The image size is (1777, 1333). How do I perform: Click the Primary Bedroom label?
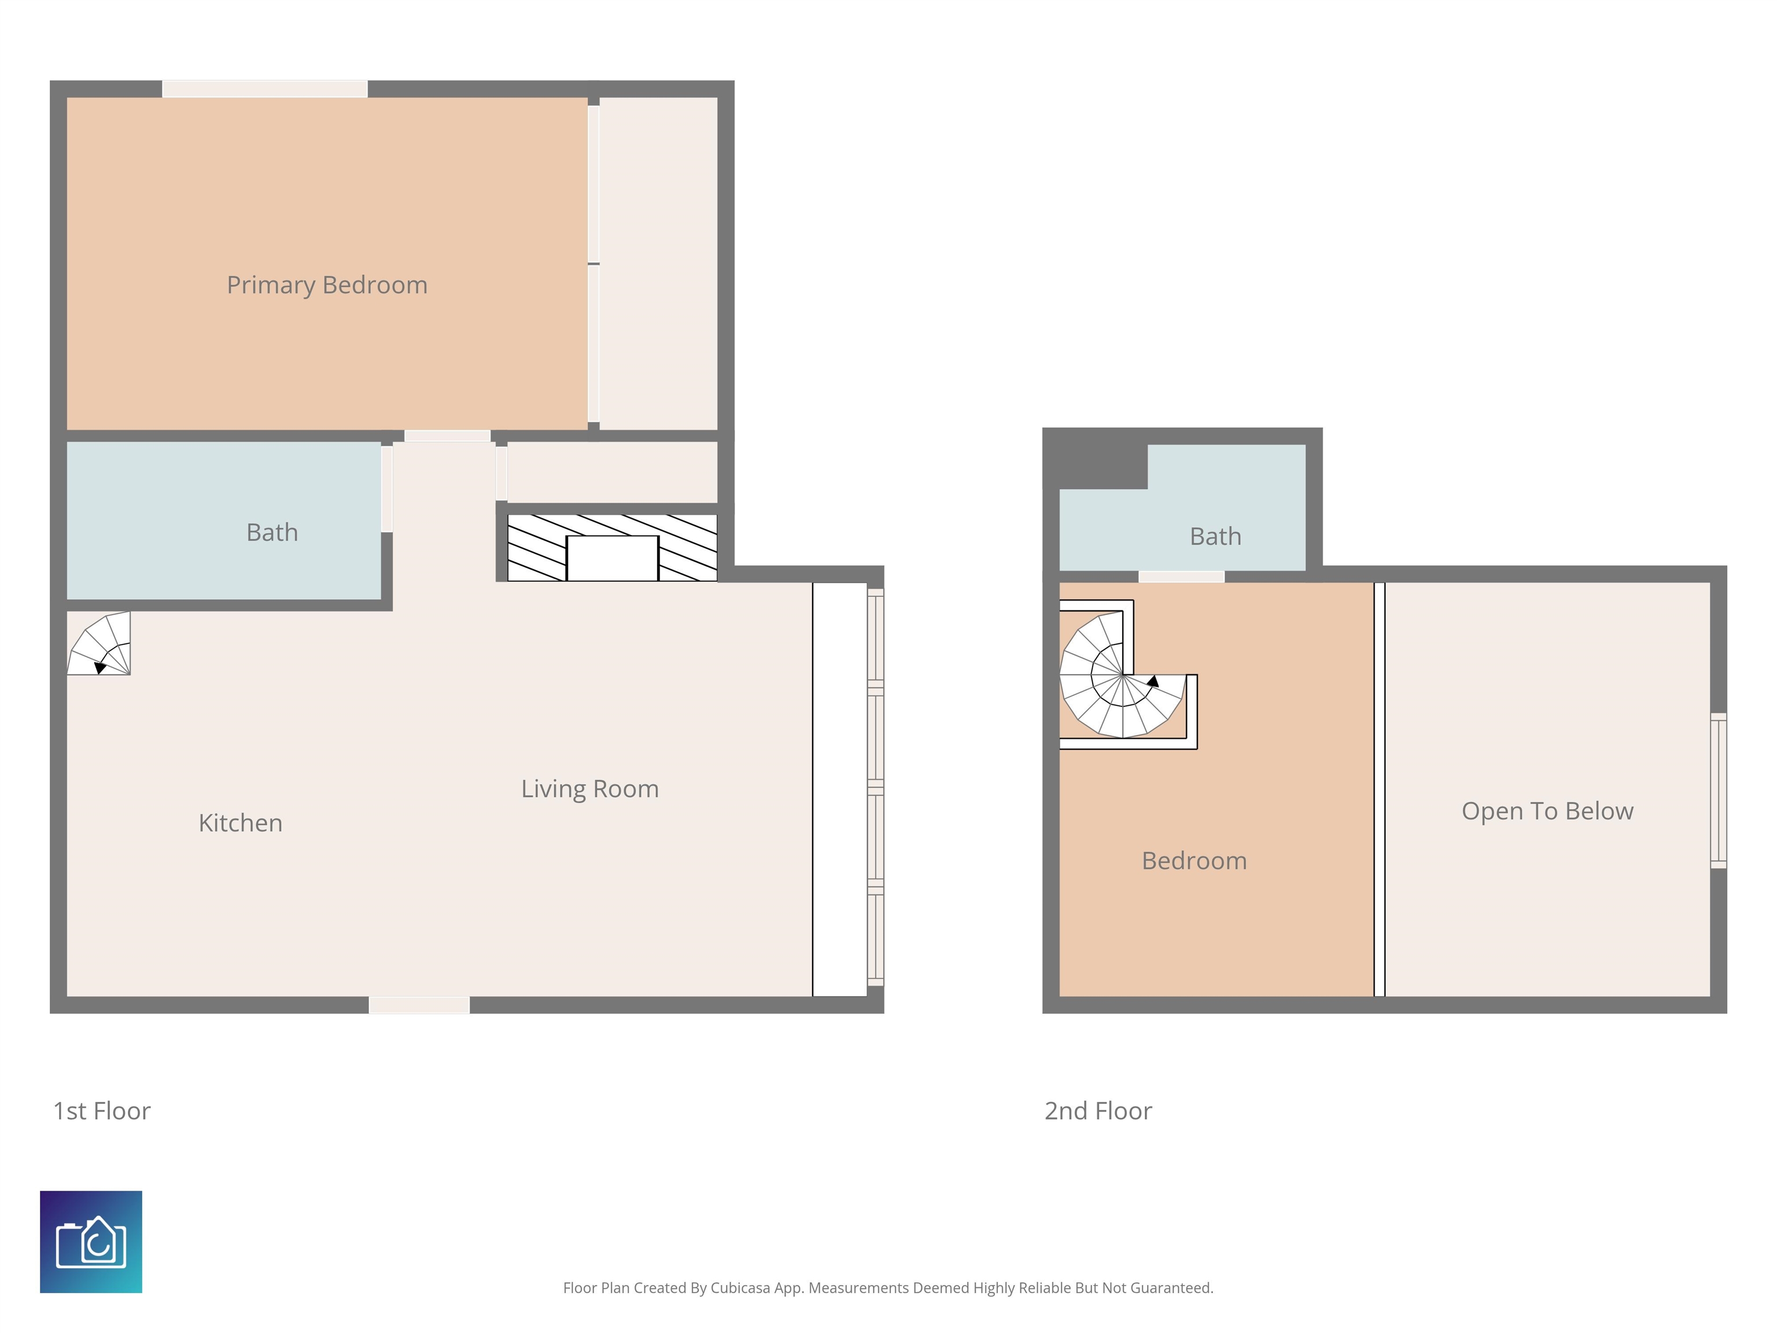[327, 285]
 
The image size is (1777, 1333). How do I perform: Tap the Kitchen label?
[240, 823]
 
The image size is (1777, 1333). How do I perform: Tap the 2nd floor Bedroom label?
[1194, 860]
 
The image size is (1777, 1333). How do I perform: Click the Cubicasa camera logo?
[91, 1242]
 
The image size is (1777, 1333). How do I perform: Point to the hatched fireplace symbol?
[612, 547]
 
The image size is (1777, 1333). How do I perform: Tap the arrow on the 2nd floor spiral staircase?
[1153, 682]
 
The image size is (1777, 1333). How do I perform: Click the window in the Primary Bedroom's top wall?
[264, 89]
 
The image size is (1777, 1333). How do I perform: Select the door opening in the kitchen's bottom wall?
[419, 1004]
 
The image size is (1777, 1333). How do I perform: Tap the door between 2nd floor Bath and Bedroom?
[1181, 576]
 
